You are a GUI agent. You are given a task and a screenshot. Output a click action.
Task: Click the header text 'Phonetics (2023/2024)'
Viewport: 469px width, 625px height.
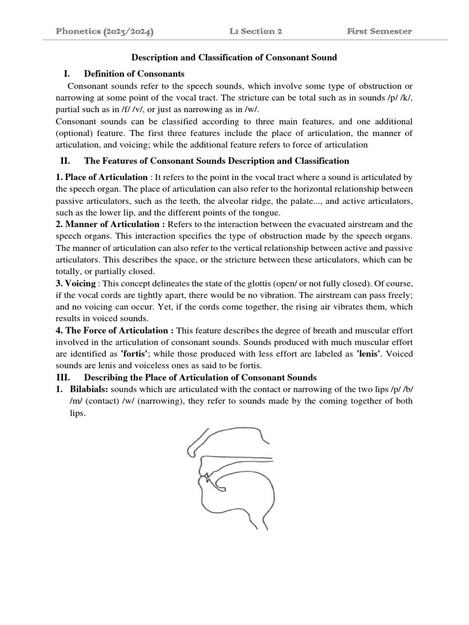point(104,31)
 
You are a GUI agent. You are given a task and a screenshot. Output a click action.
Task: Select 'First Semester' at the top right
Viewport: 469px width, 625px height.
point(379,31)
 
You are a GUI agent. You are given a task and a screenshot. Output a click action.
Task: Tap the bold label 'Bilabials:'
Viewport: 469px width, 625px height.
point(89,389)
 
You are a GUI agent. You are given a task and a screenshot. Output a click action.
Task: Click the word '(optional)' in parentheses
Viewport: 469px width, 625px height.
point(75,133)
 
